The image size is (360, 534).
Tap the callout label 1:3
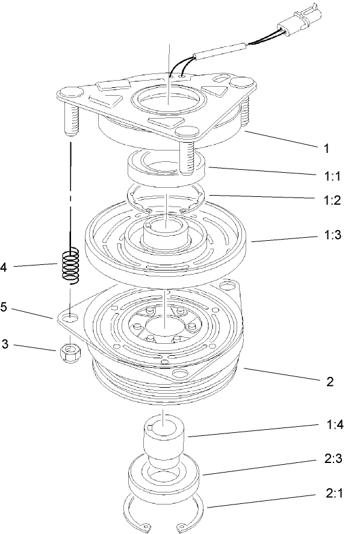tap(331, 235)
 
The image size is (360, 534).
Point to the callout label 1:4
tap(331, 425)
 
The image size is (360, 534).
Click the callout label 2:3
tap(331, 461)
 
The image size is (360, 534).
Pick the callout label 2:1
tap(331, 495)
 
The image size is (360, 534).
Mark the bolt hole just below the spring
tap(72, 316)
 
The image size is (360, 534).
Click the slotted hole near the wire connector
tap(222, 77)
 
